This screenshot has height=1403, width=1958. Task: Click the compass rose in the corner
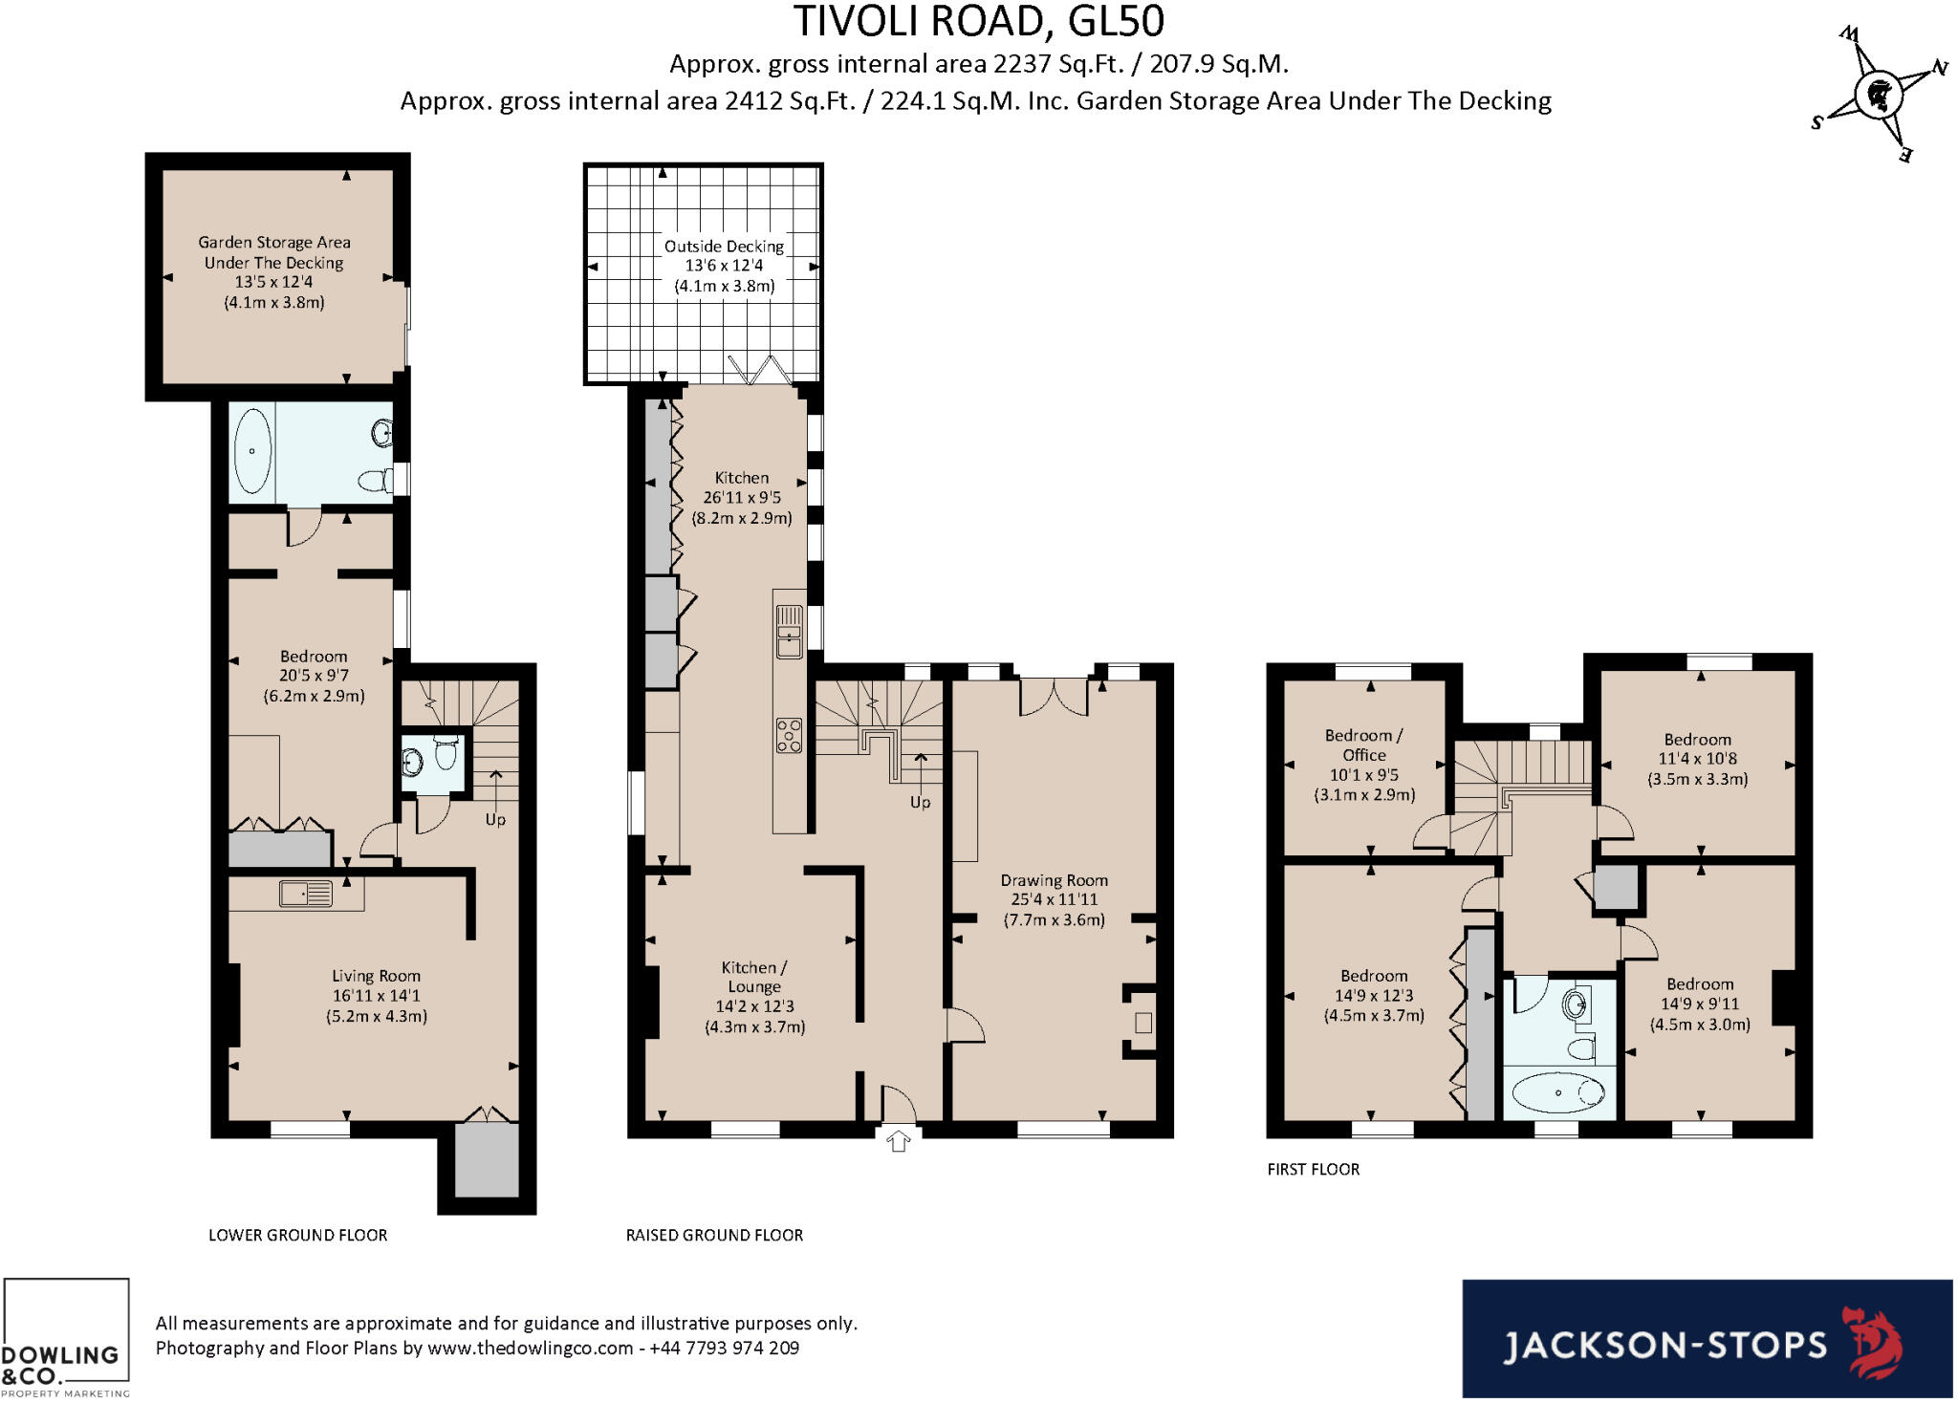[1880, 95]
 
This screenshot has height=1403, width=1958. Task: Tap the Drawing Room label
[1054, 880]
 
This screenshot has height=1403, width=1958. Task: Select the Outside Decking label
[724, 247]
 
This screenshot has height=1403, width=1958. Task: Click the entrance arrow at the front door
[898, 1140]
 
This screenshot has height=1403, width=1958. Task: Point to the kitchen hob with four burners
[789, 736]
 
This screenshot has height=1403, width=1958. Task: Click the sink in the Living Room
[306, 894]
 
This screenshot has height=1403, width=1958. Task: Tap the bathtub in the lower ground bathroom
[252, 451]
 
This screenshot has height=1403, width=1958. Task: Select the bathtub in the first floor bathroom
[1558, 1092]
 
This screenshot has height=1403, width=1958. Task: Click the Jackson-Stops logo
[1707, 1338]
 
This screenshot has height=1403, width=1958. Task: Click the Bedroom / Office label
[1363, 745]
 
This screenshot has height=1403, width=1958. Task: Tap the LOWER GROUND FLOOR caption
[298, 1235]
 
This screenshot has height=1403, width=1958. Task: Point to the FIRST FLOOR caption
[1313, 1169]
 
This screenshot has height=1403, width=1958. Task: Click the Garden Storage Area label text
[274, 252]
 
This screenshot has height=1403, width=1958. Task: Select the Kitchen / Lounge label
[754, 977]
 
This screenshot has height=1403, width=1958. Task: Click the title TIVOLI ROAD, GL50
[979, 22]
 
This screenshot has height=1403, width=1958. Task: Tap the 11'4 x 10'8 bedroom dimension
[1697, 759]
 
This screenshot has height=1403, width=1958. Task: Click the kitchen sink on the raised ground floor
[789, 632]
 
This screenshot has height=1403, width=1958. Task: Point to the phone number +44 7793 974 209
[725, 1348]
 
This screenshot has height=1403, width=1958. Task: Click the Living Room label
[376, 976]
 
